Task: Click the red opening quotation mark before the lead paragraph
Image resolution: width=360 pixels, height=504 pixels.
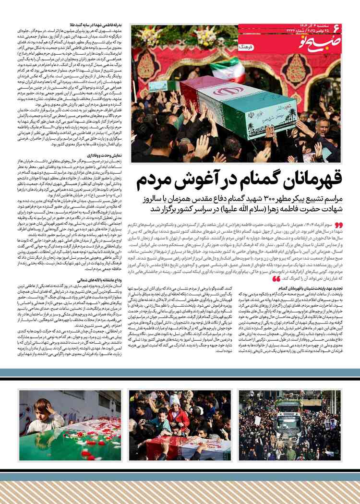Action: coord(338,225)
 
